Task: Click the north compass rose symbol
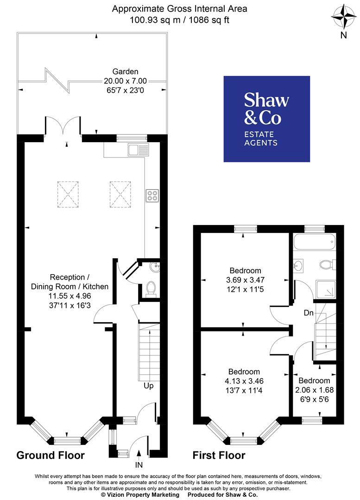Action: click(x=343, y=18)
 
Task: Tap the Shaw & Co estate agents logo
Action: click(x=266, y=119)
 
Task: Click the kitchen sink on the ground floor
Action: click(x=139, y=149)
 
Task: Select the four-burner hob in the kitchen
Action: click(x=152, y=196)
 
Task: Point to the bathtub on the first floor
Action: click(x=314, y=240)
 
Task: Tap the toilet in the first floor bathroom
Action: click(x=327, y=264)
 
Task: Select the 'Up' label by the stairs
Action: click(x=148, y=386)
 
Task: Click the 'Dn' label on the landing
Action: click(x=309, y=313)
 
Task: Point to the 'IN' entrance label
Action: click(x=139, y=464)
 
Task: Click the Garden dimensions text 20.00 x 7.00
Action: click(x=120, y=81)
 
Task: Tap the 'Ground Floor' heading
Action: click(x=51, y=455)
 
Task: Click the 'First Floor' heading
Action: click(x=219, y=455)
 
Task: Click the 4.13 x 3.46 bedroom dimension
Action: click(x=244, y=381)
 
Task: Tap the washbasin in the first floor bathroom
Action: click(x=298, y=266)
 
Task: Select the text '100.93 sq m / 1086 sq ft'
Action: click(x=180, y=19)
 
